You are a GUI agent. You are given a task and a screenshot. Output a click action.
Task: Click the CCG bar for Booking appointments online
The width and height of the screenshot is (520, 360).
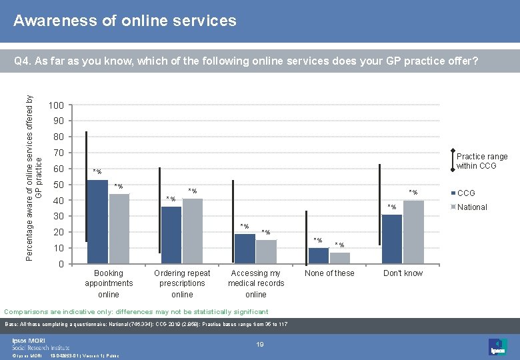tap(97, 222)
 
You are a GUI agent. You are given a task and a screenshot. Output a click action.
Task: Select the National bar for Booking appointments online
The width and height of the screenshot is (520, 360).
tap(119, 229)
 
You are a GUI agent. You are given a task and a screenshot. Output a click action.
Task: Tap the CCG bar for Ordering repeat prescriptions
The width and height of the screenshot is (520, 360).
tap(171, 235)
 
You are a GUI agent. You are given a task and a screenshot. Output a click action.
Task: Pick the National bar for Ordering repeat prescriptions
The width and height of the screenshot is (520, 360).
tap(193, 231)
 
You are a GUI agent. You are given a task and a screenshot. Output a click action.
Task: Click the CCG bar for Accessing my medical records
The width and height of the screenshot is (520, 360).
tap(245, 249)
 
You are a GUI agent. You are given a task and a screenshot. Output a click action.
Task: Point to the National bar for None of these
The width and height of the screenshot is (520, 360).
tap(339, 258)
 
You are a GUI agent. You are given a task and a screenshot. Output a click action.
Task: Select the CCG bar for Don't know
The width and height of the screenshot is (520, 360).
tap(392, 239)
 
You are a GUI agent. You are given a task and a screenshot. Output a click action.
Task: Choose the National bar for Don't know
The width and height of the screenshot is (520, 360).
tap(413, 232)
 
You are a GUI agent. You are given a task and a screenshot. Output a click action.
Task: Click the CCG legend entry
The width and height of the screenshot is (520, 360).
tap(465, 193)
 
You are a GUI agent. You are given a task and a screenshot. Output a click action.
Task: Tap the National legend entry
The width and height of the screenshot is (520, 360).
tap(471, 207)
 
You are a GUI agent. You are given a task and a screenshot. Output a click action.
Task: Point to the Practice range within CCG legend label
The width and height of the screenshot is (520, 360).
tap(481, 161)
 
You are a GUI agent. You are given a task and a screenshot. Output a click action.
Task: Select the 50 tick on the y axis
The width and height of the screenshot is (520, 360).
tap(59, 185)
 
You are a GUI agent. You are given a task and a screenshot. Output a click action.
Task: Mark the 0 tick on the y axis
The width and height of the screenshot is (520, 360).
tap(61, 264)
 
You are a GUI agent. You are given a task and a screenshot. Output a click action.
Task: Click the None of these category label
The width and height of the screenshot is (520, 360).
tap(329, 273)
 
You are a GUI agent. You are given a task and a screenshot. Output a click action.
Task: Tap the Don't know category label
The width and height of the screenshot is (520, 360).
tap(403, 273)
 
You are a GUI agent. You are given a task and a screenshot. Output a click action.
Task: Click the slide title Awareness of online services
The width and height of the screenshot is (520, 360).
tap(125, 21)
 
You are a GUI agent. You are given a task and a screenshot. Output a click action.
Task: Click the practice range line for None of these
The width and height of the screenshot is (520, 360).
tap(306, 237)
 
